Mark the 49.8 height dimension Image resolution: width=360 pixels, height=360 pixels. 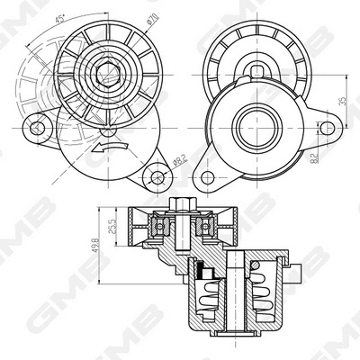pyautogui.click(x=96, y=246)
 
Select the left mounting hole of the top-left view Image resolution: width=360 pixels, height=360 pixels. pyautogui.click(x=38, y=128)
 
